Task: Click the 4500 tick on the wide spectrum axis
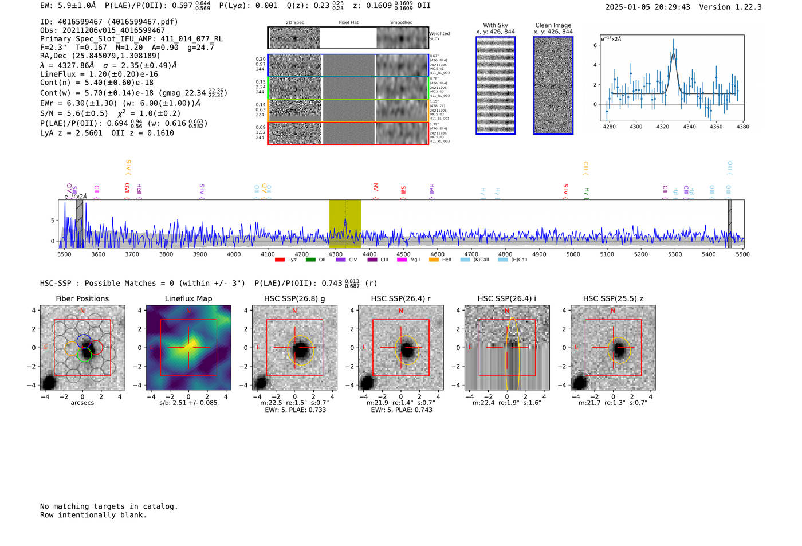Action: [403, 254]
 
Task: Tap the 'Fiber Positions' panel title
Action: [82, 298]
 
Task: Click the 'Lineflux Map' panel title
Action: [188, 298]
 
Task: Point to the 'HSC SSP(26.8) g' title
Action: [294, 298]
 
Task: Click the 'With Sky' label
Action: [496, 25]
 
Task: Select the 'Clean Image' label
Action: [553, 25]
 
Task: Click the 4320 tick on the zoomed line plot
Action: [663, 127]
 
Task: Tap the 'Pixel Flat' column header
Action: [348, 23]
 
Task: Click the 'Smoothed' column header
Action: [401, 23]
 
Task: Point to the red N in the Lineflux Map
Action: [188, 311]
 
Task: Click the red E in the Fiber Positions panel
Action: [46, 348]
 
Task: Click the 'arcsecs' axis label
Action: [82, 403]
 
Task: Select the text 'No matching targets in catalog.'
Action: [109, 506]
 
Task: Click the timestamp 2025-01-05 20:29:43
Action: [647, 7]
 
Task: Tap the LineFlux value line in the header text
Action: [99, 74]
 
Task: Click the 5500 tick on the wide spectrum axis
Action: [742, 254]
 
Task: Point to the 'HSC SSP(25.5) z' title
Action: [613, 298]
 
